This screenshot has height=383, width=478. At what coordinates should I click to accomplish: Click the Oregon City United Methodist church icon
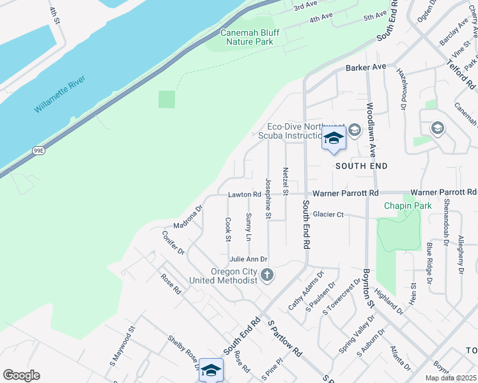click(267, 275)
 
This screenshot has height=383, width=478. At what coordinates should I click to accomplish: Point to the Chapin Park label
click(408, 206)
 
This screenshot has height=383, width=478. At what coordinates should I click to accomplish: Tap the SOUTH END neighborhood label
click(362, 166)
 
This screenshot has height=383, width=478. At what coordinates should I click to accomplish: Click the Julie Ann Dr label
click(248, 259)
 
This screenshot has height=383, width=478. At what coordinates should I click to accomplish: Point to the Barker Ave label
click(366, 66)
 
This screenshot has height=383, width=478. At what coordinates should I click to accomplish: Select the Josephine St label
click(268, 199)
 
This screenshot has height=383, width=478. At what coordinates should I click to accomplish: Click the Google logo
click(21, 375)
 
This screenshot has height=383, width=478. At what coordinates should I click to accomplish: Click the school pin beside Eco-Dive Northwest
click(333, 139)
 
